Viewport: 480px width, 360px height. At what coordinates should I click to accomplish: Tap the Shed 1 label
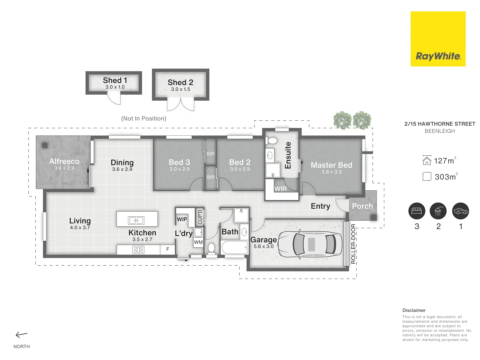(x=115, y=80)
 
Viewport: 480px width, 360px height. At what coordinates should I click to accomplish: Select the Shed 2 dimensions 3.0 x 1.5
(x=180, y=89)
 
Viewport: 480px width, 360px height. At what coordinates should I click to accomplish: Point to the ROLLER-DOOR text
(x=353, y=244)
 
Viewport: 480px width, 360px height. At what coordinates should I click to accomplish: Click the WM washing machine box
(x=198, y=242)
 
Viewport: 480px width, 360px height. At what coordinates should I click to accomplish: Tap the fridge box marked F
(x=168, y=249)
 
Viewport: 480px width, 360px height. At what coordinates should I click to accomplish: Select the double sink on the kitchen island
(x=136, y=220)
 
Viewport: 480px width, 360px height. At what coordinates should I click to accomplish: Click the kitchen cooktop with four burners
(x=138, y=250)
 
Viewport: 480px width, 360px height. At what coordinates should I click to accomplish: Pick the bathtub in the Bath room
(x=234, y=248)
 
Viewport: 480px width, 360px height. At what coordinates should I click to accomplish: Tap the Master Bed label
(x=332, y=165)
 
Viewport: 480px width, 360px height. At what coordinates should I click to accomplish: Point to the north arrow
(x=21, y=335)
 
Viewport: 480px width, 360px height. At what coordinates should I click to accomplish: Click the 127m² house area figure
(x=445, y=160)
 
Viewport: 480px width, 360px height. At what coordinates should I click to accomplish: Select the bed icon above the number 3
(x=417, y=211)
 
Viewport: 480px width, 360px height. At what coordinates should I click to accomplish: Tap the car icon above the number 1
(x=461, y=211)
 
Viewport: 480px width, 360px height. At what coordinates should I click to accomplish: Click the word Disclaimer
(x=414, y=310)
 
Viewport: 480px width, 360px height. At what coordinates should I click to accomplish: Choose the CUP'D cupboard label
(x=200, y=217)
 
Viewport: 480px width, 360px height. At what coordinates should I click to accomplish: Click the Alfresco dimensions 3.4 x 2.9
(x=64, y=168)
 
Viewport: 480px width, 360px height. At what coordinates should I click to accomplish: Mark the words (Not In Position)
(x=144, y=118)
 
